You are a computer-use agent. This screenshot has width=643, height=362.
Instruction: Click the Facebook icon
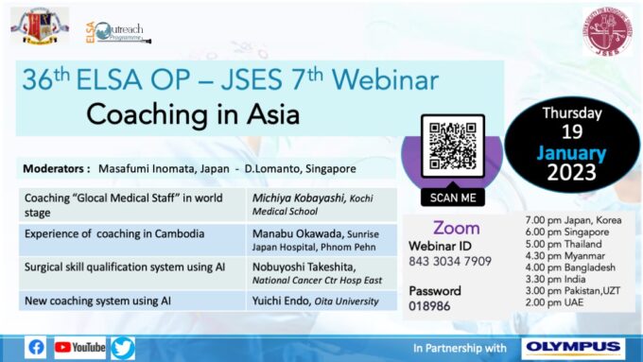[x=37, y=347]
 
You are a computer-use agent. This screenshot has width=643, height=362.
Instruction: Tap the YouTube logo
[x=80, y=347]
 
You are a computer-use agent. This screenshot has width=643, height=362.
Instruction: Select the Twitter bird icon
[x=123, y=347]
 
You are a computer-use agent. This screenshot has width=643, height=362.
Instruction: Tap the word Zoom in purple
[x=456, y=228]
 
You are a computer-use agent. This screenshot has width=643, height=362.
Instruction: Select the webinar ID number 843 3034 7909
[x=450, y=261]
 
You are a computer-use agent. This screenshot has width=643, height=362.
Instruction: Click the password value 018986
[x=430, y=306]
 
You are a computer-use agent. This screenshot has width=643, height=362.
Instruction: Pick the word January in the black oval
[x=572, y=152]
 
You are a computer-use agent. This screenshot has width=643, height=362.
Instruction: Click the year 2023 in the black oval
[x=571, y=173]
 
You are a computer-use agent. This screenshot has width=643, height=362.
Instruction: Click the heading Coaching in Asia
[x=193, y=115]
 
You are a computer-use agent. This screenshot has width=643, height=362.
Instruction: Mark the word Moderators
[x=55, y=168]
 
